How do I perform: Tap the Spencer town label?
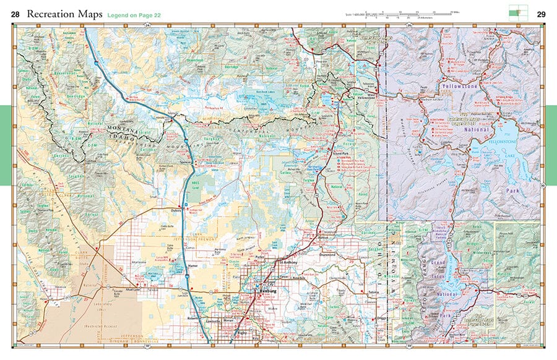click(x=184, y=162)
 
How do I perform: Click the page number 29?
click(x=541, y=14)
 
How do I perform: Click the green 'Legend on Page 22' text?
click(x=134, y=14)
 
